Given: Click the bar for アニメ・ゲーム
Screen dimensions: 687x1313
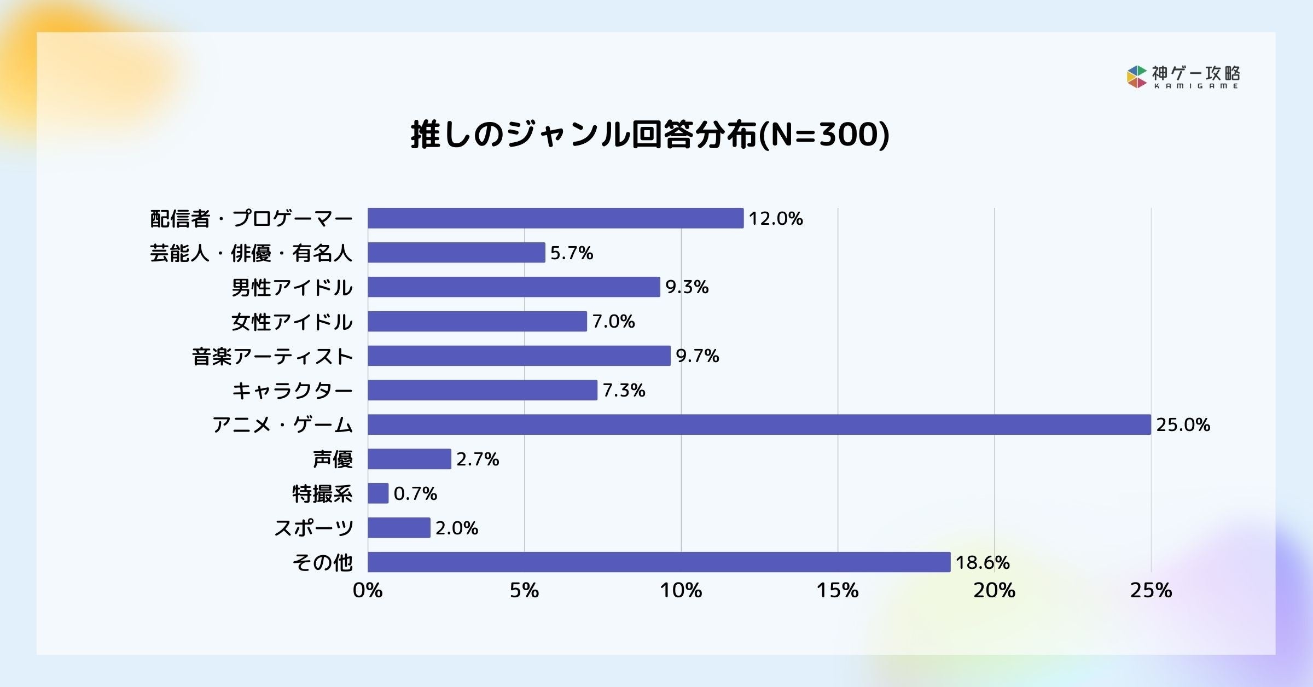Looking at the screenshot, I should (759, 424).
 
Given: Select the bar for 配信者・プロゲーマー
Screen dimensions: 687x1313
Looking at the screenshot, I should (555, 218).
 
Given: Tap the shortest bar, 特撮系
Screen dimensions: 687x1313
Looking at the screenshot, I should (378, 493).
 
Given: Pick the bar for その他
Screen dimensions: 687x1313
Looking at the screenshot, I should (659, 562).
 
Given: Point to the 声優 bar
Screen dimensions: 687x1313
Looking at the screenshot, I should (409, 459).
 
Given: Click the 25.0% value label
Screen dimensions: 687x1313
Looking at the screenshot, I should (1183, 425).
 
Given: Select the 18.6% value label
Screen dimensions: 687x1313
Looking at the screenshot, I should (982, 562).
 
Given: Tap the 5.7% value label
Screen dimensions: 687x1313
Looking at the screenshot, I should (571, 253).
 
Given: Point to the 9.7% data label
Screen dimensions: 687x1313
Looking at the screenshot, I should (697, 356).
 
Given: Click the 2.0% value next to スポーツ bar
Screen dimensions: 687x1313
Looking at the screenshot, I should (457, 528).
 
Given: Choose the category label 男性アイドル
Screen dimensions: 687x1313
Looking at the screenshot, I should (292, 288).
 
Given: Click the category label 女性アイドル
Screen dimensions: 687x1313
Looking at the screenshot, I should (292, 322).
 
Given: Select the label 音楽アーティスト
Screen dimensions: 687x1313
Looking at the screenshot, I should (272, 357).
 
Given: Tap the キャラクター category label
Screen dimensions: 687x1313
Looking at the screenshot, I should (292, 391).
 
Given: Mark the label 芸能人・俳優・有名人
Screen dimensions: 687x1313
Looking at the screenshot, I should (251, 253).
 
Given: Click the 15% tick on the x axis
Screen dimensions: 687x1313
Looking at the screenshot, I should (838, 591).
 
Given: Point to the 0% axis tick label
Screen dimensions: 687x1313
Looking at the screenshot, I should (368, 591).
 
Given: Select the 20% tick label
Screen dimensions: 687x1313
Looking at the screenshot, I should (994, 591).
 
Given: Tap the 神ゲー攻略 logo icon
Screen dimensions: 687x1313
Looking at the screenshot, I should (1137, 77).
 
